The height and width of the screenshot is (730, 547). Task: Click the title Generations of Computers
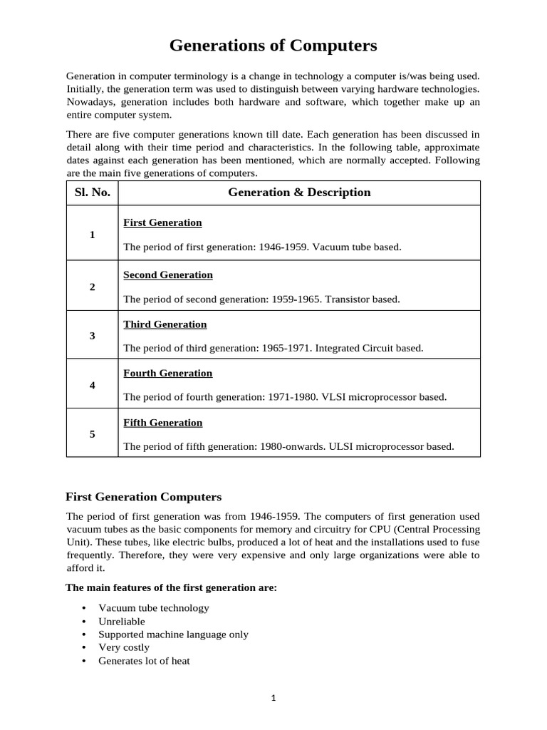273,46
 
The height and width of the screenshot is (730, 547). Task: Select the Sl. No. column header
92,192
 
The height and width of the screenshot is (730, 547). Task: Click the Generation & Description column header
299,192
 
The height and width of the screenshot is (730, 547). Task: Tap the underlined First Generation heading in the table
162,222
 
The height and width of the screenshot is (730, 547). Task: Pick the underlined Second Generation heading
168,274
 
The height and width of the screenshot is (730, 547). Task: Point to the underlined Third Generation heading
165,324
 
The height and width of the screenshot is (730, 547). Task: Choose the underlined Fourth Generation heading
168,373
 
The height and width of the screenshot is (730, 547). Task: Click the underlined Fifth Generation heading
163,423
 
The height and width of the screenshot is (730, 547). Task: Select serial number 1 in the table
93,235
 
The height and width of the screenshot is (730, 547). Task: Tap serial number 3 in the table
93,336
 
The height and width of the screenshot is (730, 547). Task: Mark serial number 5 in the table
93,433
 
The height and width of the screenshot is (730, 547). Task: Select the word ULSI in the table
343,447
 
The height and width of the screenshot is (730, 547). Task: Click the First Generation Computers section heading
143,496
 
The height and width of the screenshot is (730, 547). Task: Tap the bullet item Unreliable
122,622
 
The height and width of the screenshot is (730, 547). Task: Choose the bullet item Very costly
124,647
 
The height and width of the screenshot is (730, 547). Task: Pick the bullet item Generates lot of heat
144,661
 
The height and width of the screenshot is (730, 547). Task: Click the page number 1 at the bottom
273,699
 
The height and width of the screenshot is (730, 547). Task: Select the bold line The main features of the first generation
172,588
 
